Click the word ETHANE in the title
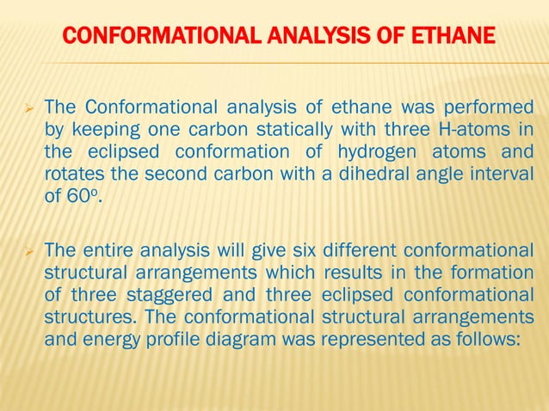point(452,36)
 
